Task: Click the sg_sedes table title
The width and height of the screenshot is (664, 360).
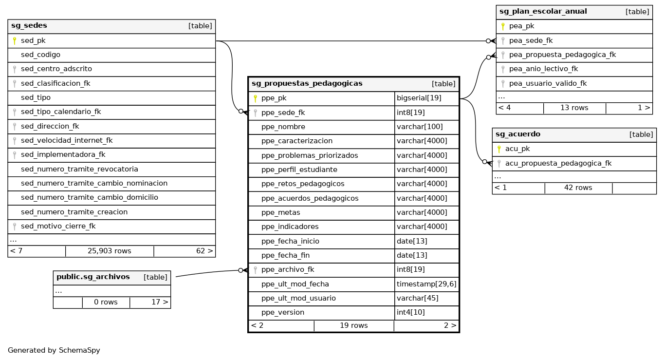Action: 29,26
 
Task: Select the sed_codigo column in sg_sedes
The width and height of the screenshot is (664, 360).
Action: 40,55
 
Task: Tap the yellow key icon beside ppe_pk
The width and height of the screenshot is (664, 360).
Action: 255,98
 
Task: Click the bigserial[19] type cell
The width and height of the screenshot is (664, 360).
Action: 419,98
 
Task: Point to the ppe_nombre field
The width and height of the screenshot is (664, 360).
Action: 283,127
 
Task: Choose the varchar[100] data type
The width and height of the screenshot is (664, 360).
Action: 420,127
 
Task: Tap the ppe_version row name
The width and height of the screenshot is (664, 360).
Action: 283,313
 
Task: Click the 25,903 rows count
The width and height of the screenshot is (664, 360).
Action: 110,251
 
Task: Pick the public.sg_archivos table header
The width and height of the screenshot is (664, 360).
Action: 93,277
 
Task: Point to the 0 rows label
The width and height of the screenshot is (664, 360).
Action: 106,303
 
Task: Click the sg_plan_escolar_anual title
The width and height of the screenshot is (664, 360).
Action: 543,12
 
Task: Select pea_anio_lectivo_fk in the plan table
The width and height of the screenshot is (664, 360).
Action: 543,69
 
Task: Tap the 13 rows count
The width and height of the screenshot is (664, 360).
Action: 574,108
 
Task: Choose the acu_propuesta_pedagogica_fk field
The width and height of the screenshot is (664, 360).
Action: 558,164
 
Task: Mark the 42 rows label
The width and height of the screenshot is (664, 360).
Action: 578,188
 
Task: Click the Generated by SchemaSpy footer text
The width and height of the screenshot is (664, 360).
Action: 54,350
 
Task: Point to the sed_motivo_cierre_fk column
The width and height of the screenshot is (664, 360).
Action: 58,227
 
